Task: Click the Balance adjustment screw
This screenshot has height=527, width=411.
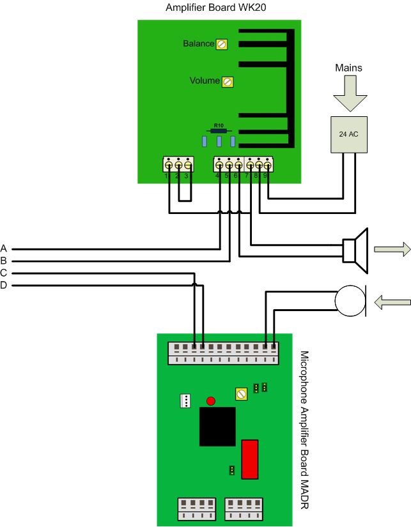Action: (x=222, y=44)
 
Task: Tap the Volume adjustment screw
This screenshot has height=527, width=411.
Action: (x=226, y=82)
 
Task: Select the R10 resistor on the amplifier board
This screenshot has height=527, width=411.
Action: (x=219, y=130)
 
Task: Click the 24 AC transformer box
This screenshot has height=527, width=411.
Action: (x=349, y=135)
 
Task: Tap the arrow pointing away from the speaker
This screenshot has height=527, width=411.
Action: (x=392, y=250)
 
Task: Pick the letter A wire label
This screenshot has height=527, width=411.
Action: (x=4, y=248)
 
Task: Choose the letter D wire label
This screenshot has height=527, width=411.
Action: (x=4, y=285)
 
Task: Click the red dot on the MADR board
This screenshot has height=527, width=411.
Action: (x=210, y=401)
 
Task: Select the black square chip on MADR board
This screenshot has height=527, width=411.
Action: (x=218, y=427)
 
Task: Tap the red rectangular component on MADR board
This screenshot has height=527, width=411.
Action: (x=249, y=459)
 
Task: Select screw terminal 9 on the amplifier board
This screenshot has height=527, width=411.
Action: (x=267, y=165)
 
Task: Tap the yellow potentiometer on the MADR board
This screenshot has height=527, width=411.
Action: (x=241, y=394)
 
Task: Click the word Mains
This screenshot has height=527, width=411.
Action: (x=348, y=68)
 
